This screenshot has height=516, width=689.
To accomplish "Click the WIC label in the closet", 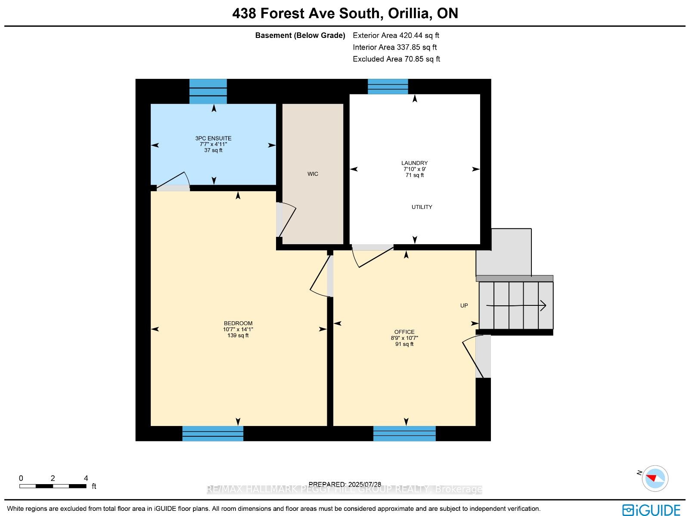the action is click(313, 174).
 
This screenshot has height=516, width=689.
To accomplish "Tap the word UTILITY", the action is click(422, 207).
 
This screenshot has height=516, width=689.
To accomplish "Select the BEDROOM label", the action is click(238, 323).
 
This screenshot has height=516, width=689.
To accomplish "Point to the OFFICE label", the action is click(404, 332).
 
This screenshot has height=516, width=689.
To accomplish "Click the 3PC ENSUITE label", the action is click(214, 138).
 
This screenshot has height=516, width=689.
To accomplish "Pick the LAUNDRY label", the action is click(414, 163).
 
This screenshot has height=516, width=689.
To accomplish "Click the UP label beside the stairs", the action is click(464, 306).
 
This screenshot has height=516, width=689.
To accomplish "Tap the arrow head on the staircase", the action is click(543, 305).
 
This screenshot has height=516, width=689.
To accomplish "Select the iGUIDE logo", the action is click(651, 510).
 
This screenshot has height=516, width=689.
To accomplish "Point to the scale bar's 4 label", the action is click(86, 479).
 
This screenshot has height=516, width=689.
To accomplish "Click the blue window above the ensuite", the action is click(208, 91).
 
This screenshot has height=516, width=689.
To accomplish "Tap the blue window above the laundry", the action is click(388, 87).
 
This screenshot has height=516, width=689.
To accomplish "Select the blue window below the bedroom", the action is click(213, 433).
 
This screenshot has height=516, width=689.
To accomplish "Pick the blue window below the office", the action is click(404, 433).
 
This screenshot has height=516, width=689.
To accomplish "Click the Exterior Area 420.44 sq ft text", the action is click(396, 35).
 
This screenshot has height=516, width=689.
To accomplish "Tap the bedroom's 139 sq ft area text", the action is click(238, 336).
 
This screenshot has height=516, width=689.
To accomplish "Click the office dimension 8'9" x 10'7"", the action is click(404, 338).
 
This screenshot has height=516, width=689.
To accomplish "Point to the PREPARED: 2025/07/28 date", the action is click(344, 485).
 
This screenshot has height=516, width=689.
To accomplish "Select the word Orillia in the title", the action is click(408, 13).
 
